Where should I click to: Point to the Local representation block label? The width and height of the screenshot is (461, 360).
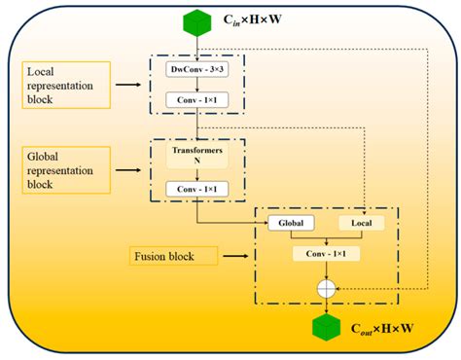coord(63,86)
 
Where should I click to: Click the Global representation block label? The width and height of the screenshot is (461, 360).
coord(63,167)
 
